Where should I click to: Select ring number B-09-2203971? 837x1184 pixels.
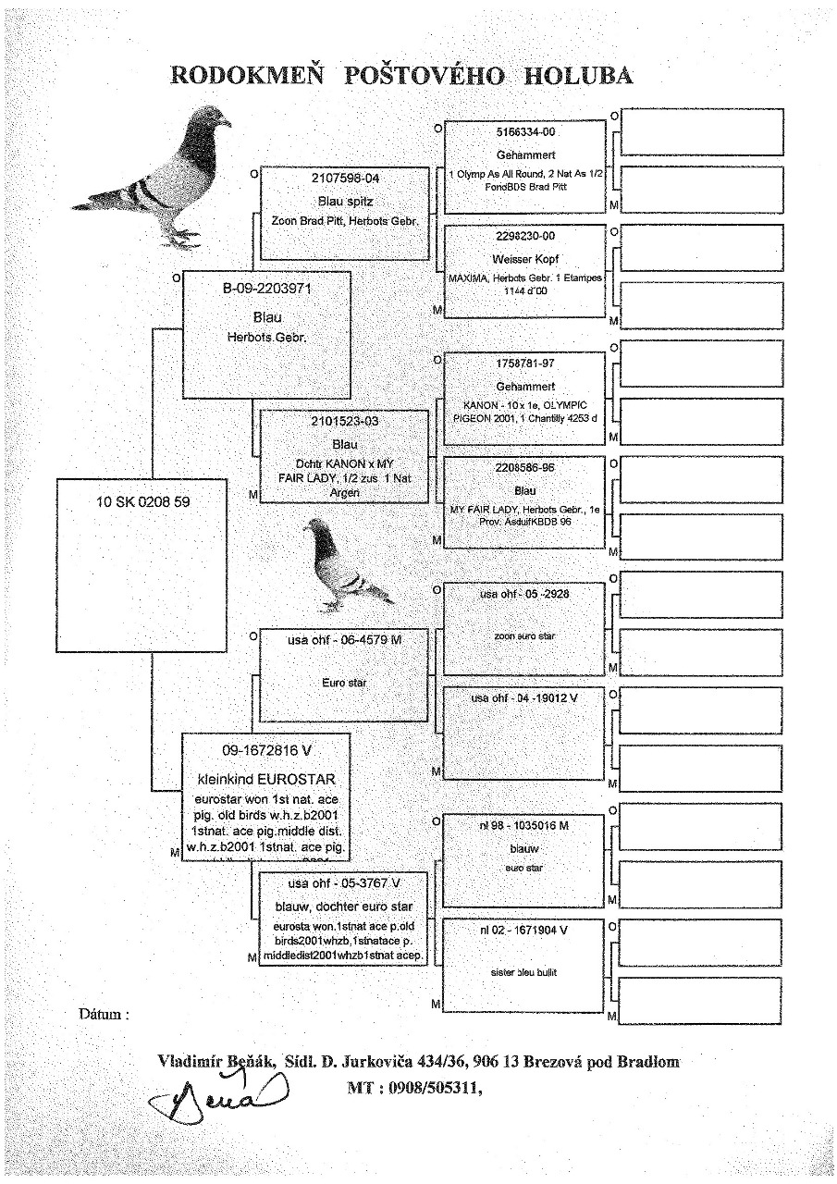click(266, 288)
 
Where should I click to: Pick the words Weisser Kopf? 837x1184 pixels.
click(525, 258)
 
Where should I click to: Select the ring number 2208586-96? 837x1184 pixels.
click(525, 468)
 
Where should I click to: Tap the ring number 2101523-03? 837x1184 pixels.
click(344, 422)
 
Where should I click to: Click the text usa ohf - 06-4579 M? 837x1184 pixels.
click(344, 639)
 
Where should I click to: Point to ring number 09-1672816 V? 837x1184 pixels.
click(265, 751)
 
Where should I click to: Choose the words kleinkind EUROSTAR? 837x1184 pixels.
click(265, 778)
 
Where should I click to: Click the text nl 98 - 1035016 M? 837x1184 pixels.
click(524, 825)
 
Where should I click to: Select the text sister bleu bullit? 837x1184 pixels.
click(524, 972)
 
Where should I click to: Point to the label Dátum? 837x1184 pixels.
click(103, 1014)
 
